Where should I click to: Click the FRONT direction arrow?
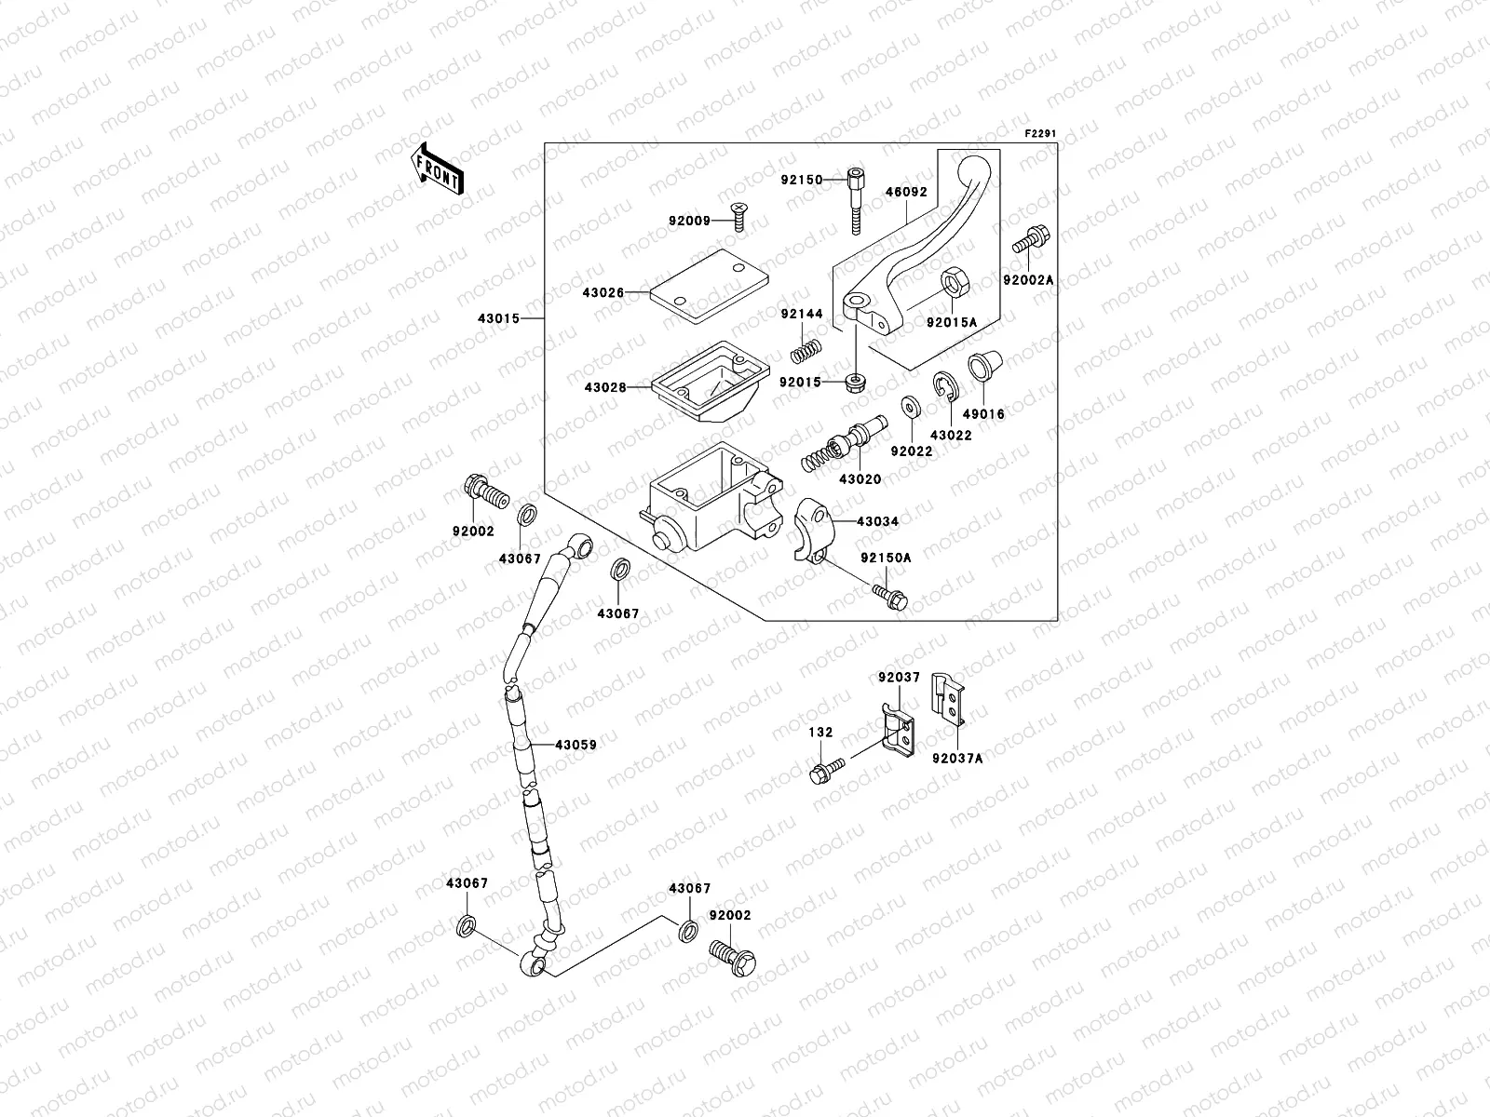click(437, 168)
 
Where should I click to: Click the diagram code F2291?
click(1040, 134)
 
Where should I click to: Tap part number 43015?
click(498, 318)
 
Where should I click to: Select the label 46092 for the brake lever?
click(906, 192)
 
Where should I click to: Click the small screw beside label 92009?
click(738, 216)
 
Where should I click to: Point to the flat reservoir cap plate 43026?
click(710, 286)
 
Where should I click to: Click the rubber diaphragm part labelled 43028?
click(711, 381)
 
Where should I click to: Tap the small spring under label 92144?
click(806, 351)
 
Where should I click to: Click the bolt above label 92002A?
click(1031, 239)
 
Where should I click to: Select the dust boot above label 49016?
click(985, 366)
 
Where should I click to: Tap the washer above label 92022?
click(910, 407)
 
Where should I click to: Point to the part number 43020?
click(860, 478)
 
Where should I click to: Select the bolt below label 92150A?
click(890, 597)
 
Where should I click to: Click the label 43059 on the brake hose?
click(576, 745)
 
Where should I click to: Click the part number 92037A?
click(957, 759)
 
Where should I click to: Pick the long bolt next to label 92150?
click(856, 201)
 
